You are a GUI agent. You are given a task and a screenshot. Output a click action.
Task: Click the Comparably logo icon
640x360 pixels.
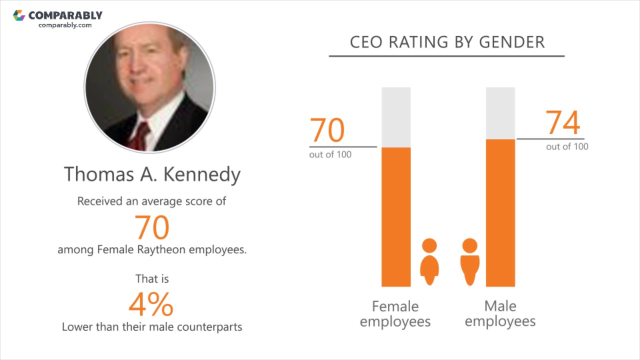pos(19,15)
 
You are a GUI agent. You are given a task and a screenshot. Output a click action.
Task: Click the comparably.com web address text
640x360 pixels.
pos(65,25)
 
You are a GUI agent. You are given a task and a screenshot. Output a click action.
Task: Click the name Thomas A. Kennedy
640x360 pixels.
pos(152,174)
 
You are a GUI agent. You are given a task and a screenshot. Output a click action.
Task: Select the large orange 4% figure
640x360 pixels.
pos(151,304)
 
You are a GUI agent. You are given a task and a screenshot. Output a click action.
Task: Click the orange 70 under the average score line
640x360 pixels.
pos(152,227)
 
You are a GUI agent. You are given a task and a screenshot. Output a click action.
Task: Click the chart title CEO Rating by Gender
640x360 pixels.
pos(447,42)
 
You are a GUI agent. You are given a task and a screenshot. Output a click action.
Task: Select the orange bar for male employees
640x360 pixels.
pos(500,212)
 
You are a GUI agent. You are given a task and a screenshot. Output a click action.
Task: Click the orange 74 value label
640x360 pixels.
pos(562,123)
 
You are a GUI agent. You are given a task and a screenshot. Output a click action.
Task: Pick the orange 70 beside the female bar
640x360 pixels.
pos(327,130)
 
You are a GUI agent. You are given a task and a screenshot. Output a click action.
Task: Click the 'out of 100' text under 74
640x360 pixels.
pos(567,146)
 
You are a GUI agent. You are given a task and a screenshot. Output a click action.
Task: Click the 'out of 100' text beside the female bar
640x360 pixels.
pos(330,154)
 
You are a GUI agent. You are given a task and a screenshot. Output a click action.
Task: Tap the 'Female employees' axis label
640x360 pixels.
pos(395,313)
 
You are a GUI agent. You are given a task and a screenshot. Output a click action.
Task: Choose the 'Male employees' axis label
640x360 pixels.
pos(500,313)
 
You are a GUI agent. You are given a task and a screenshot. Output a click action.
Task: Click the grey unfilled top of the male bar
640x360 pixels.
pos(500,113)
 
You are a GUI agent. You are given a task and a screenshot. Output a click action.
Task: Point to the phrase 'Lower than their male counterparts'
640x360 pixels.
pos(152,327)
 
